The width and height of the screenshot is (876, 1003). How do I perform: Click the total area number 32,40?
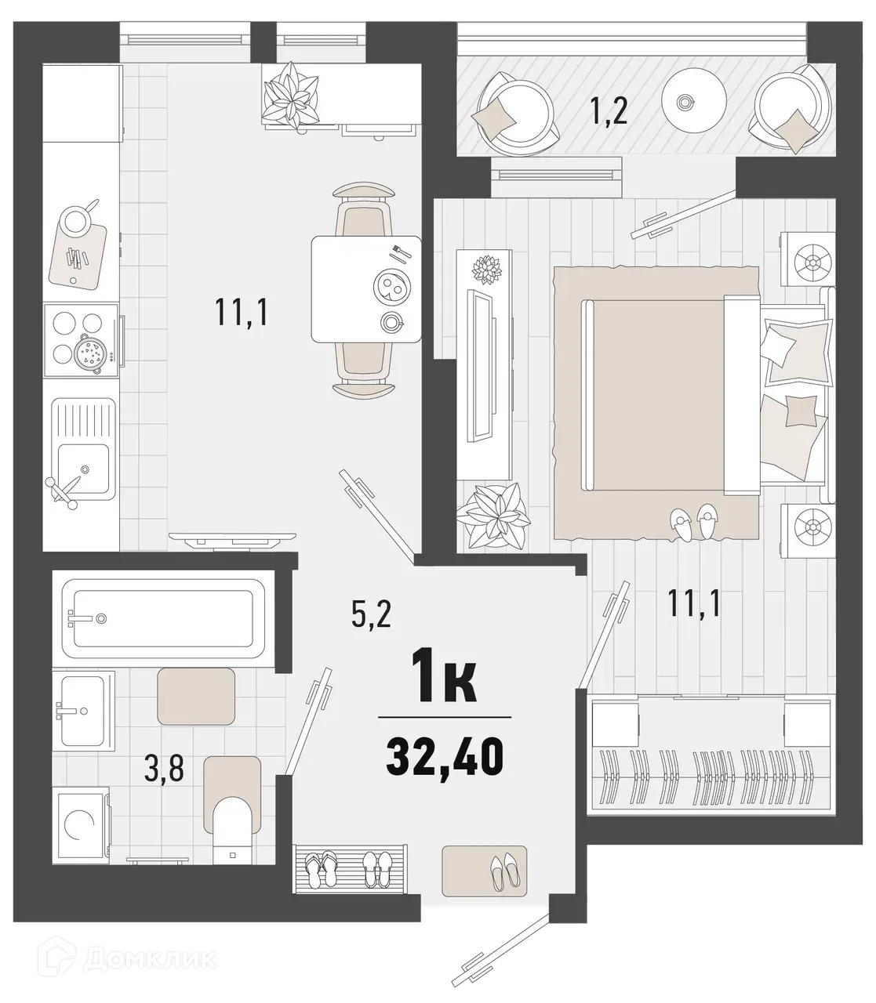444,757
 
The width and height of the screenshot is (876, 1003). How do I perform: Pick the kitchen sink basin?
83,468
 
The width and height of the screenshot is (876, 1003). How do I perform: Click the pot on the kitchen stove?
91,354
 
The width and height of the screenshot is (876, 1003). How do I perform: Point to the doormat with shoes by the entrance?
484,870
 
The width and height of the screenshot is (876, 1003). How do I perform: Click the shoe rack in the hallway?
351,867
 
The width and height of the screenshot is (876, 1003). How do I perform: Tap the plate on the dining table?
391,288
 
